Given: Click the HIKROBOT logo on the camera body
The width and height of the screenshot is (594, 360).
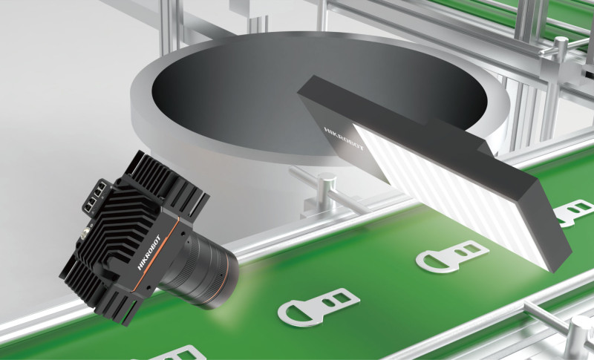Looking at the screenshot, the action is coord(149,253).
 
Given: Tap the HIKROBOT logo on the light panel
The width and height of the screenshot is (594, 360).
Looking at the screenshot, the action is coord(344,139).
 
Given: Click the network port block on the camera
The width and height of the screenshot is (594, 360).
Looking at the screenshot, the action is coord(94,198).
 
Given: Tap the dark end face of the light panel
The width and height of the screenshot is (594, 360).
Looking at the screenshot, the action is coord(546,224).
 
